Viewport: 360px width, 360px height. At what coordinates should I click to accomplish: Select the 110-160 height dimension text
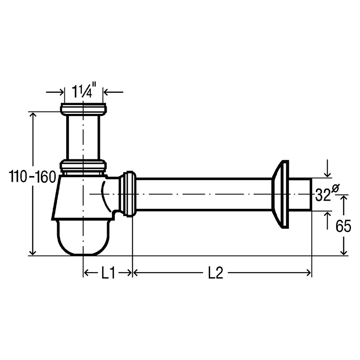click(x=32, y=177)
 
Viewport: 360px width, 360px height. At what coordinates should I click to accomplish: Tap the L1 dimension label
click(x=108, y=273)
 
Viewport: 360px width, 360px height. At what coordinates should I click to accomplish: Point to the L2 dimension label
click(x=216, y=273)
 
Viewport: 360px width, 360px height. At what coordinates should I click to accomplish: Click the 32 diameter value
click(x=323, y=195)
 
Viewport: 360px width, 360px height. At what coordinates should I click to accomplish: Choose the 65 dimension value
click(x=343, y=226)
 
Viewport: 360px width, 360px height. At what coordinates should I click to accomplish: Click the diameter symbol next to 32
click(x=335, y=188)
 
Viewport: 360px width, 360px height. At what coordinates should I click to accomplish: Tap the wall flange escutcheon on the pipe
click(x=280, y=194)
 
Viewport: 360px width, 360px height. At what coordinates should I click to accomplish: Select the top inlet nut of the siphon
click(x=83, y=109)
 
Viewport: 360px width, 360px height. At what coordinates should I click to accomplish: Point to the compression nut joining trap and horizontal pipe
click(x=128, y=194)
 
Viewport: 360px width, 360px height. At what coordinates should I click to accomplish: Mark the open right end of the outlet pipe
click(x=311, y=194)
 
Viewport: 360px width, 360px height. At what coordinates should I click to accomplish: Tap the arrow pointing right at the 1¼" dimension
click(x=55, y=92)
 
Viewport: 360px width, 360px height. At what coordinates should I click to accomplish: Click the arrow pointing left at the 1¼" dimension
click(x=113, y=92)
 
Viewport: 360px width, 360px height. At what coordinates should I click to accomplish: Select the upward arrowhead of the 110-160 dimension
click(x=33, y=116)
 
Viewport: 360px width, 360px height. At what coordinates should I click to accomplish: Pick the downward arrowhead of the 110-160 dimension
click(x=33, y=251)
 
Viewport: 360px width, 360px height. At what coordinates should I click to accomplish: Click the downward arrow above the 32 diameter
click(x=328, y=168)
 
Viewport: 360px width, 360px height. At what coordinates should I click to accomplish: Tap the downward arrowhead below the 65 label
click(x=344, y=251)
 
